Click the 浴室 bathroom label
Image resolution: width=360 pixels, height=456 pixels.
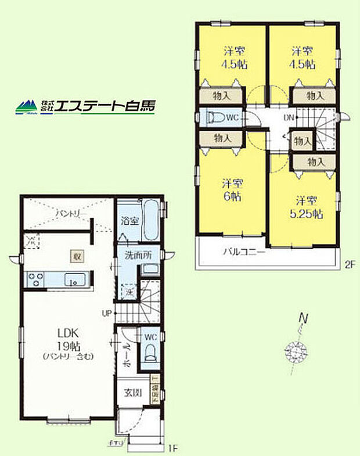tap(129, 221)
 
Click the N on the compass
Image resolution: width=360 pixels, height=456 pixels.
tap(302, 318)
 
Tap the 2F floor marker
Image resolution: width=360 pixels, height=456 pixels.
tap(348, 265)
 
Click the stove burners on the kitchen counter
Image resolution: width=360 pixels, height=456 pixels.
tap(33, 280)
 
